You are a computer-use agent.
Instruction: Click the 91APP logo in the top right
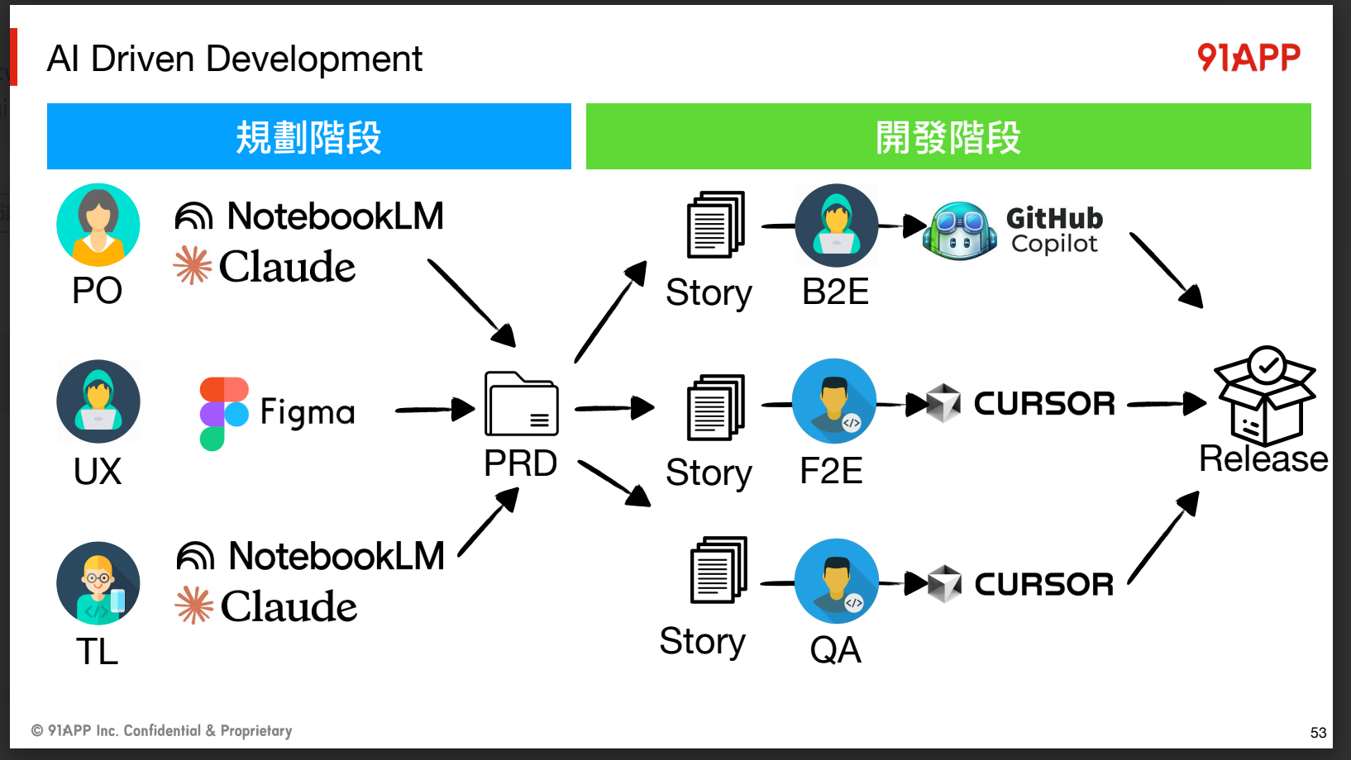click(x=1248, y=58)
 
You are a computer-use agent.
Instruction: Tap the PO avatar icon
click(x=98, y=225)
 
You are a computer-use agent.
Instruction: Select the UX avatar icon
click(x=98, y=401)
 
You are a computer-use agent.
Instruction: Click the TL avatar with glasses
click(x=98, y=583)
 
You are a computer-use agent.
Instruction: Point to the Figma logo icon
click(x=224, y=413)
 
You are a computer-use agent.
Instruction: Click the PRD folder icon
click(x=521, y=404)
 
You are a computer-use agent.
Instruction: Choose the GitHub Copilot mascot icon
click(x=960, y=230)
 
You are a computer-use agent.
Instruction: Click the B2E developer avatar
click(x=836, y=226)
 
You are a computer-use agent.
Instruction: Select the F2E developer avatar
click(x=834, y=401)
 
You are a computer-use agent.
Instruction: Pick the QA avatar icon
click(x=836, y=582)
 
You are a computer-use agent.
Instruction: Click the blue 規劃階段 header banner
click(x=309, y=136)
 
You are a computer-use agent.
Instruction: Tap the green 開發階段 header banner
click(x=948, y=136)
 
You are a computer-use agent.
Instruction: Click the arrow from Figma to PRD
click(x=435, y=409)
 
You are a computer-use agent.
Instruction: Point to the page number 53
click(x=1318, y=733)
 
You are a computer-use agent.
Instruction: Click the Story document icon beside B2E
click(x=715, y=225)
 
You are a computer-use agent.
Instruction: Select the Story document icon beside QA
click(x=718, y=570)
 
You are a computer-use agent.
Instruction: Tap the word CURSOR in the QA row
click(x=1044, y=585)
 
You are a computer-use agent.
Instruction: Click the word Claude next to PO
click(x=287, y=267)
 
